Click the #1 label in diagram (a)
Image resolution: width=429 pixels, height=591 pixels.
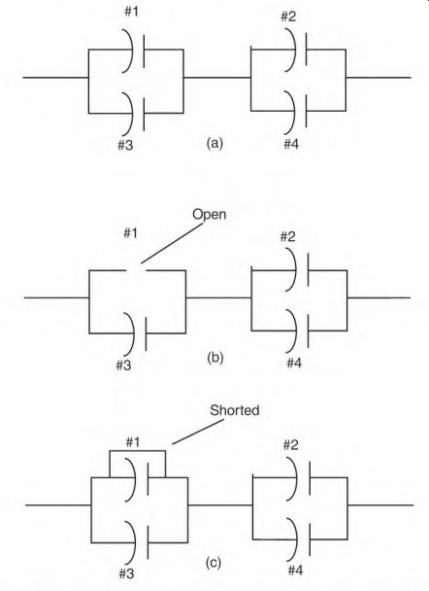(132, 12)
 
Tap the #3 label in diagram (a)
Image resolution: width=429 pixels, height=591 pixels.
(125, 145)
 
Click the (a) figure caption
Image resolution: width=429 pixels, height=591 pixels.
(214, 143)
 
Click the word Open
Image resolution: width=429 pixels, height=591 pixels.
(210, 214)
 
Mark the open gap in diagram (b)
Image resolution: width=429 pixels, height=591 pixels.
(136, 270)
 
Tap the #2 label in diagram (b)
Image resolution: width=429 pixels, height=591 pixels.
(288, 237)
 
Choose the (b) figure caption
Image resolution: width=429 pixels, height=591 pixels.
(214, 357)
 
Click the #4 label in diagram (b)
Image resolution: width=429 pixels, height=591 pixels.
(294, 363)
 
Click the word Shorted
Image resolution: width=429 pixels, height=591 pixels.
(235, 410)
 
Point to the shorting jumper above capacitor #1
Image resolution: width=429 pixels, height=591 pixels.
(138, 451)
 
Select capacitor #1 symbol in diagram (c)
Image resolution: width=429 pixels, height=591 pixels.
(138, 478)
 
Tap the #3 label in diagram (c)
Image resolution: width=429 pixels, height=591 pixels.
(126, 574)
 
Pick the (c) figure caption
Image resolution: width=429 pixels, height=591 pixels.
(214, 563)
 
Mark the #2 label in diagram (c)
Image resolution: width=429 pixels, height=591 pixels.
(290, 445)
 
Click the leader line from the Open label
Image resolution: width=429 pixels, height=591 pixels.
(172, 243)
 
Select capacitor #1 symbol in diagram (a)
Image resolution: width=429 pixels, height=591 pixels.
(134, 50)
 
